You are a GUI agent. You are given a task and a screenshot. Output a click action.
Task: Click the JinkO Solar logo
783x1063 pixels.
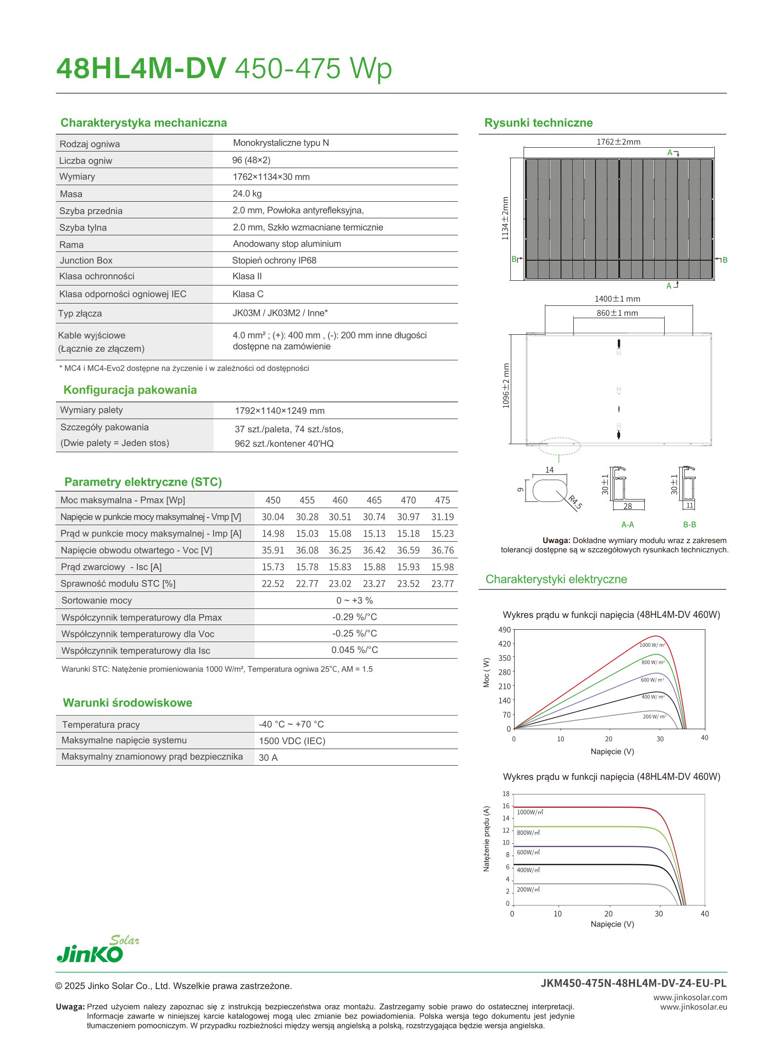(x=98, y=950)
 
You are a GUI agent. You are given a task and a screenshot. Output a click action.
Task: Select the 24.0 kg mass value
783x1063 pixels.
(x=247, y=194)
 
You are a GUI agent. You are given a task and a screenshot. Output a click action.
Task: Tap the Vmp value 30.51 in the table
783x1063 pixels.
(x=340, y=517)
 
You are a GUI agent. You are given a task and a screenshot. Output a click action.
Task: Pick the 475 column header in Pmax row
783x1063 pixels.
(x=442, y=500)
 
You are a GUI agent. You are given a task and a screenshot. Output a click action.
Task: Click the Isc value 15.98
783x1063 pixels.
(x=442, y=567)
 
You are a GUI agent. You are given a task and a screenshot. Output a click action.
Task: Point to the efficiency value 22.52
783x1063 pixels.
(x=273, y=584)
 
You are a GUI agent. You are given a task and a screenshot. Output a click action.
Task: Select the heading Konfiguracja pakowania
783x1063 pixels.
(x=130, y=390)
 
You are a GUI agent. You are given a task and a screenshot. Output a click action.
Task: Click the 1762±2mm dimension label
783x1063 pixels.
(x=618, y=142)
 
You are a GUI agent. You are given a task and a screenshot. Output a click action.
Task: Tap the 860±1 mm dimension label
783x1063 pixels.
(x=617, y=313)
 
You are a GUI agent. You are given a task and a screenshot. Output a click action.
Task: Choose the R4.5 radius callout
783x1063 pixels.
(x=575, y=502)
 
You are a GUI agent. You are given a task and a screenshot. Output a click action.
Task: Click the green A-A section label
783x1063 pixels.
(x=628, y=524)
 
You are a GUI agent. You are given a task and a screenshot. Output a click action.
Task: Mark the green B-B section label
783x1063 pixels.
(x=690, y=524)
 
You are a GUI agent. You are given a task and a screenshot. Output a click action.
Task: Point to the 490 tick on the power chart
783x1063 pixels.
(x=504, y=630)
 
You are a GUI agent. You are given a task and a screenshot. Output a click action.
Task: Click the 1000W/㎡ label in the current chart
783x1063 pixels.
(x=530, y=812)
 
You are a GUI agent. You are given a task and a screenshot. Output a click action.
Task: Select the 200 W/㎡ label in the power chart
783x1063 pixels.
(x=654, y=716)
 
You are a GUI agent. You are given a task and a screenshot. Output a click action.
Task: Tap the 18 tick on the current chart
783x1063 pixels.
(x=506, y=794)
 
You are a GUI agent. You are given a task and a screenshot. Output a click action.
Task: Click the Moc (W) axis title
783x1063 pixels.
(x=486, y=672)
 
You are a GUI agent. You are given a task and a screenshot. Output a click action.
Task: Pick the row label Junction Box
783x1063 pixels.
(x=86, y=260)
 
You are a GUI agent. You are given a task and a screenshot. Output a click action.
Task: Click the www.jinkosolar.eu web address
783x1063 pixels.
(x=694, y=1007)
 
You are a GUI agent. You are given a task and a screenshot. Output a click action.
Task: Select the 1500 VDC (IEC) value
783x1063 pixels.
(x=292, y=741)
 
